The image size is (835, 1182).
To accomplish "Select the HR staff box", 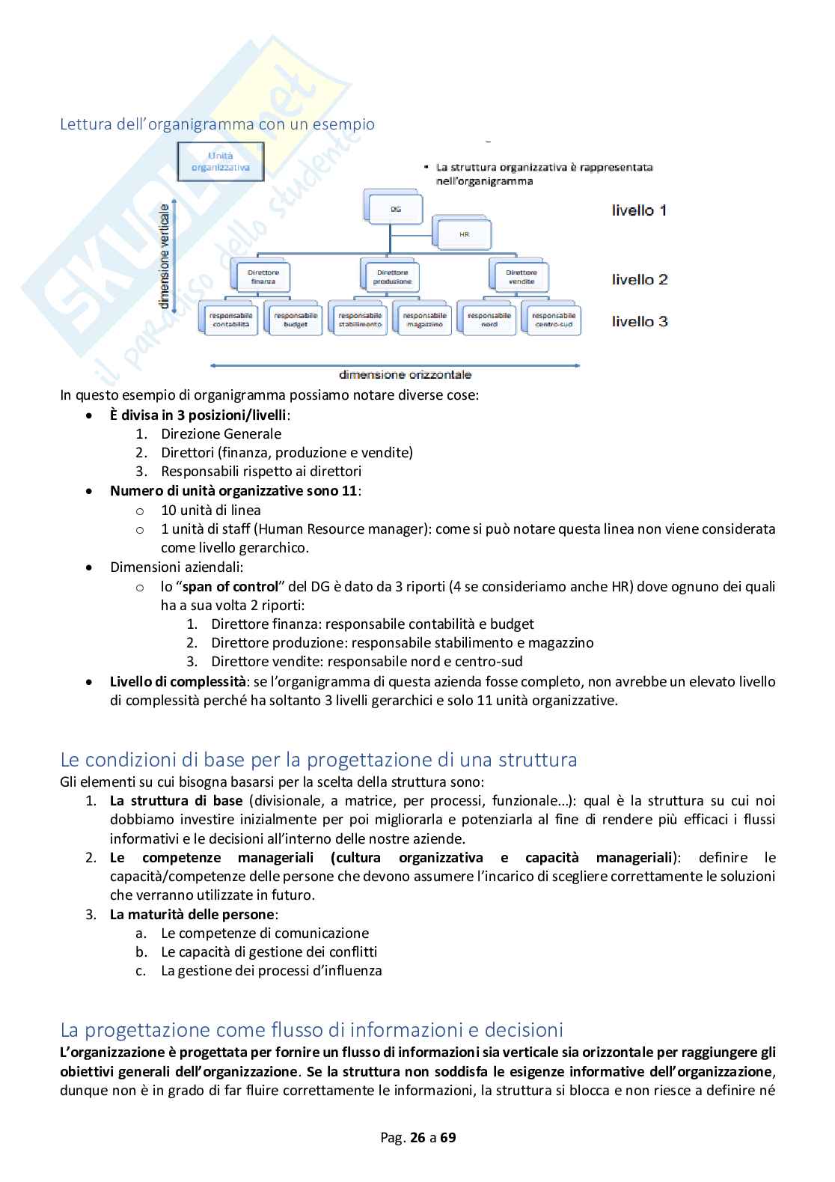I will tap(464, 234).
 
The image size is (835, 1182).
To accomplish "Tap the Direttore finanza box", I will tap(263, 277).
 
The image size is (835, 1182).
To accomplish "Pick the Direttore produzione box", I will tap(393, 277).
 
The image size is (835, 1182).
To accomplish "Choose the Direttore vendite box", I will tap(522, 277).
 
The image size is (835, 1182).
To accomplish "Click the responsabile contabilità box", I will tap(231, 320).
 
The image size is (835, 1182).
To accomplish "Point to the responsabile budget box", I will tap(296, 320).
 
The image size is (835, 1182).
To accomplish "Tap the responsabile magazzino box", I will tap(424, 320).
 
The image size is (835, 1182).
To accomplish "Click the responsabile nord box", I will tap(489, 320).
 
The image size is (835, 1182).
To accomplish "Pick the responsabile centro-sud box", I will tap(554, 320).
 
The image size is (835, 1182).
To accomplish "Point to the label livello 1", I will tap(639, 210).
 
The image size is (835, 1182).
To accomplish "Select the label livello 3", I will tap(639, 322).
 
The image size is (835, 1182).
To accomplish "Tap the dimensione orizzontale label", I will tap(405, 374).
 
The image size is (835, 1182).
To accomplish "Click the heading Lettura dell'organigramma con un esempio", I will tap(217, 124).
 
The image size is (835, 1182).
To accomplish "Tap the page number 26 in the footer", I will tap(417, 1138).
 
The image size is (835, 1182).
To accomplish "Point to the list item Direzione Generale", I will tap(221, 433).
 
